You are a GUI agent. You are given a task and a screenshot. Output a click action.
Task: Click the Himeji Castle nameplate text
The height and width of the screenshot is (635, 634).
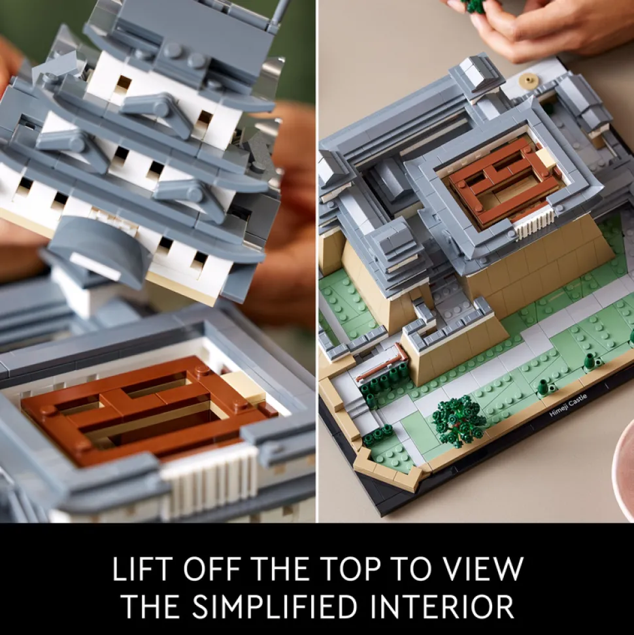568,405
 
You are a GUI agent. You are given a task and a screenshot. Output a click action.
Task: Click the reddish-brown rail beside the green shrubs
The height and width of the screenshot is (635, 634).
381,366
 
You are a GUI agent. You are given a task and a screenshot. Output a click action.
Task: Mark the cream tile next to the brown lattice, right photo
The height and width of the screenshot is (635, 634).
544,157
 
